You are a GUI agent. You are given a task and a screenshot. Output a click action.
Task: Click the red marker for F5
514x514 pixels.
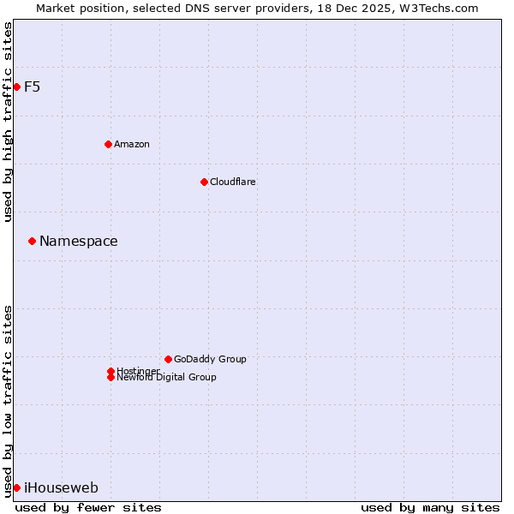pos(16,87)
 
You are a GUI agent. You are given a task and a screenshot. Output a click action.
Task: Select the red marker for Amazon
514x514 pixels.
pos(108,144)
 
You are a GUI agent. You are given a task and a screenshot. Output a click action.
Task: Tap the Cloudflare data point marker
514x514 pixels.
pos(204,182)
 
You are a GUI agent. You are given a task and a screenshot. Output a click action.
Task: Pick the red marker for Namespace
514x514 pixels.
pos(32,241)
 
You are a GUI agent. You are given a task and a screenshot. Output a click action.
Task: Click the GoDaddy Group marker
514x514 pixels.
pos(168,359)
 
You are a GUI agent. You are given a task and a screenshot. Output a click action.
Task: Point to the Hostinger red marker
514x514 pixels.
pos(111,371)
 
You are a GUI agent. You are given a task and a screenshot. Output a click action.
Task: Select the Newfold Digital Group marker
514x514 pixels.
pos(111,377)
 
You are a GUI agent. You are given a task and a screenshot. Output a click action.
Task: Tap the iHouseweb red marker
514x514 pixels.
pos(16,487)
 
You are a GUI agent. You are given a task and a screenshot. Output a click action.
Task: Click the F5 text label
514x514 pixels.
pos(32,87)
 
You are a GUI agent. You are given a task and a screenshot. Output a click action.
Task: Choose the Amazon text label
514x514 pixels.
pos(132,144)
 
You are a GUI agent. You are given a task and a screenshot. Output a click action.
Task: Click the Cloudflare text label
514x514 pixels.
pos(233,182)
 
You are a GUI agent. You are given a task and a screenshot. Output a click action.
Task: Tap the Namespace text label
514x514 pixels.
pos(79,242)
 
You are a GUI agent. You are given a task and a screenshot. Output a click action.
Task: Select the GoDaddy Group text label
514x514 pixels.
pos(210,359)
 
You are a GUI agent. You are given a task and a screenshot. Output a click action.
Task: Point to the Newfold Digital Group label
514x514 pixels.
pos(167,378)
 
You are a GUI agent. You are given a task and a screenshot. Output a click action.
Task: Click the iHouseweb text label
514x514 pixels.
pos(61,488)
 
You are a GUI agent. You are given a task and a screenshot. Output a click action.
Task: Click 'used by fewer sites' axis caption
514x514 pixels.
pos(88,507)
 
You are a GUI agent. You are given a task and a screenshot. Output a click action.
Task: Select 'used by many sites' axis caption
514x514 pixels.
pos(430,507)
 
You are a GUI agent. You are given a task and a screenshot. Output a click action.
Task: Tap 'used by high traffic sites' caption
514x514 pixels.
pos(8,122)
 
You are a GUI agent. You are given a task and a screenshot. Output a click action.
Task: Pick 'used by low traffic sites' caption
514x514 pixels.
pos(8,401)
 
